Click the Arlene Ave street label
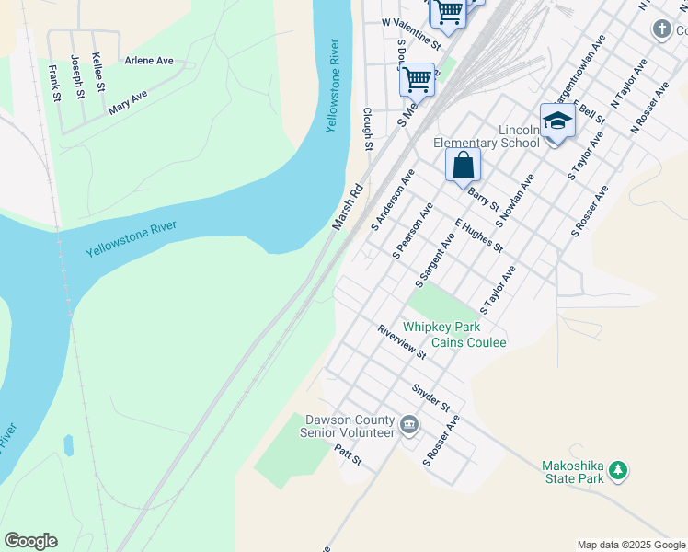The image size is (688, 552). pos(149,62)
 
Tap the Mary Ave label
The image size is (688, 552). pos(128,102)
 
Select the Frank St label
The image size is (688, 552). pos(54,83)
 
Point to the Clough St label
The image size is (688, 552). pos(368,130)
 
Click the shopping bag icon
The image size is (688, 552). pos(464,167)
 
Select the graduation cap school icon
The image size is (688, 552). pos(557,121)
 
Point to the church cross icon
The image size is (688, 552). pos(661,30)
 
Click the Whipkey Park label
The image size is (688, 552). pos(442,327)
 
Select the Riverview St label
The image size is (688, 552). pos(402,341)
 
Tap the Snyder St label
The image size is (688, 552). pos(430,397)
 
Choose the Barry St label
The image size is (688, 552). pos(483,198)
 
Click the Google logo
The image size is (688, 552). pos(30,541)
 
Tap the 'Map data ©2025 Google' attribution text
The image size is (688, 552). pos(630,545)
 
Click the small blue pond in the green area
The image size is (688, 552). pos(68,446)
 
